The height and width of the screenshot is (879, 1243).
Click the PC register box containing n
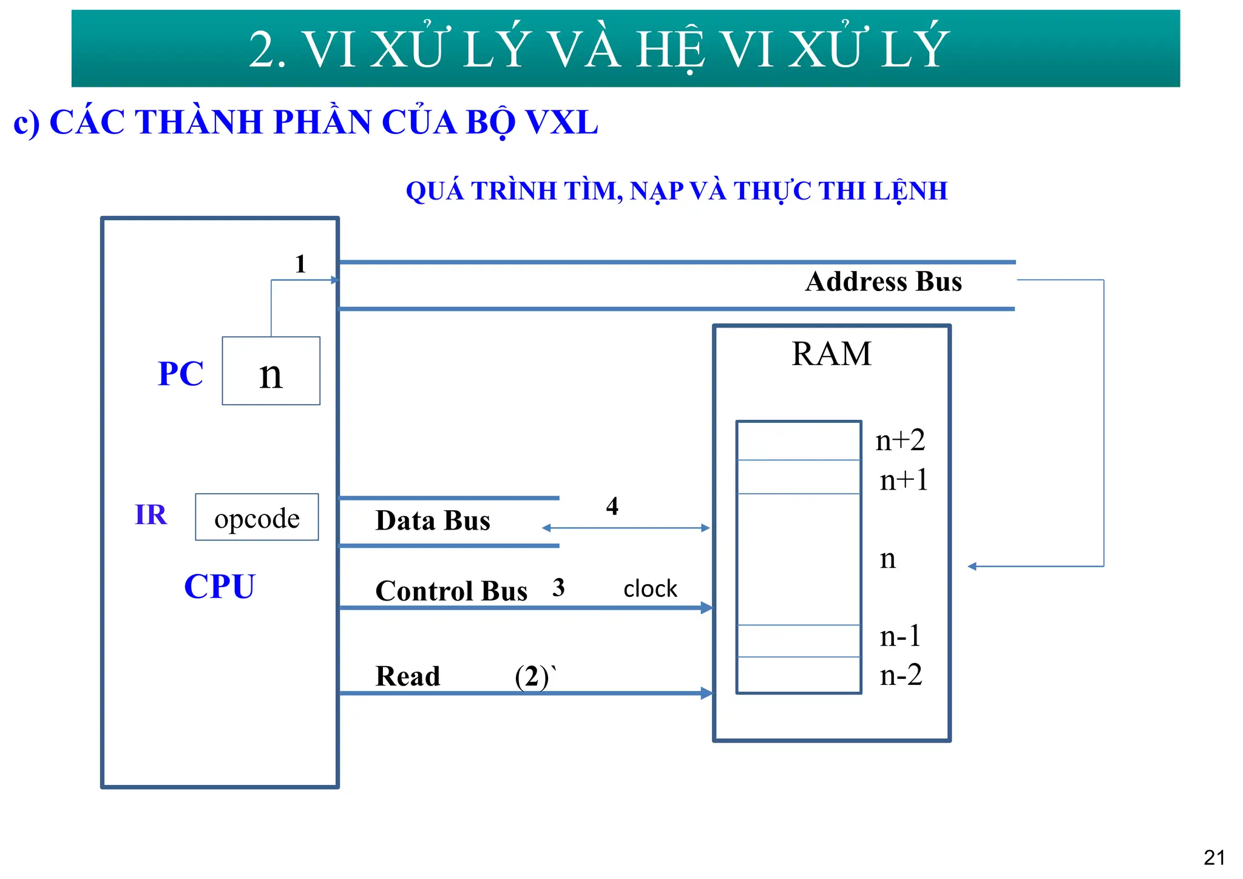pos(271,371)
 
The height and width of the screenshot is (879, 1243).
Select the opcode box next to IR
pos(257,517)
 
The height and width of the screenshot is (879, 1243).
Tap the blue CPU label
pos(219,587)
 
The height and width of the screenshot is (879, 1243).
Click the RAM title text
pos(831,354)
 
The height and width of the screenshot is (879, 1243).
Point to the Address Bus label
pos(883,281)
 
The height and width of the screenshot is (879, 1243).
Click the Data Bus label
pos(432,520)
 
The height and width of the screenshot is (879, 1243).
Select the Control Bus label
pos(451,591)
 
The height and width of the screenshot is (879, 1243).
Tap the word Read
pos(407,676)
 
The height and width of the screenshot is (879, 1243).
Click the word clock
pos(650,588)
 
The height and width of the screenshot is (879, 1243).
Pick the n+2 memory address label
pos(900,440)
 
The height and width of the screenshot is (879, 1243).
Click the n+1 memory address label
pos(904,480)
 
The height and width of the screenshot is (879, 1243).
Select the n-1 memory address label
pos(901,636)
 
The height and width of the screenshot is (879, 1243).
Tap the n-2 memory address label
pos(901,675)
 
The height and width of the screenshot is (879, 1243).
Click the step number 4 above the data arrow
pos(612,506)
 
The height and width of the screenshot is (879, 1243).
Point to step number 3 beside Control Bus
pos(558,587)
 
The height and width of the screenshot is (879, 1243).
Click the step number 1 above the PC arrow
pos(300,264)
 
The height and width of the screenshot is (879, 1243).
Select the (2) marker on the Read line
pos(532,676)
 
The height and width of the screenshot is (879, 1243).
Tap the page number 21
pos(1214,857)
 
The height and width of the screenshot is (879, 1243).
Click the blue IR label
pos(151,514)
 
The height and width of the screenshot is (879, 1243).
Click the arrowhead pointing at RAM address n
pos(972,566)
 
